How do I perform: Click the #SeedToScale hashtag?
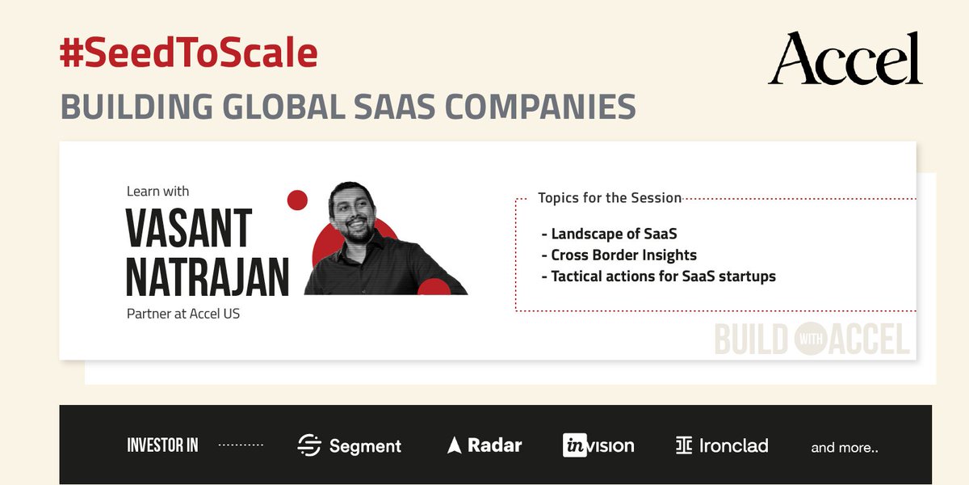[x=188, y=53]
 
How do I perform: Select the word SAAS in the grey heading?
[x=421, y=108]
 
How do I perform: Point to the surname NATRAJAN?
[x=208, y=277]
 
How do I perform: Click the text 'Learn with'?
[x=157, y=192]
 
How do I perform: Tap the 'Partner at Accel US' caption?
[x=183, y=314]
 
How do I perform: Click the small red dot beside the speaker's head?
[x=297, y=200]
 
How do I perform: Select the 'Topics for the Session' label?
[x=610, y=197]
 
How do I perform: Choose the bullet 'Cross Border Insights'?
[x=619, y=255]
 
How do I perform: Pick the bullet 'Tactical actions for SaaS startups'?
[x=659, y=276]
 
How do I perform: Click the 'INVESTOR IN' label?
[x=162, y=445]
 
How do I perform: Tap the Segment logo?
[x=349, y=445]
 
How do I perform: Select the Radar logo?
[x=484, y=445]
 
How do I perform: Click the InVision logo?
[x=598, y=445]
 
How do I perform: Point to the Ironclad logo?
[x=722, y=445]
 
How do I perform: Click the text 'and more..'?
[x=844, y=447]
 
